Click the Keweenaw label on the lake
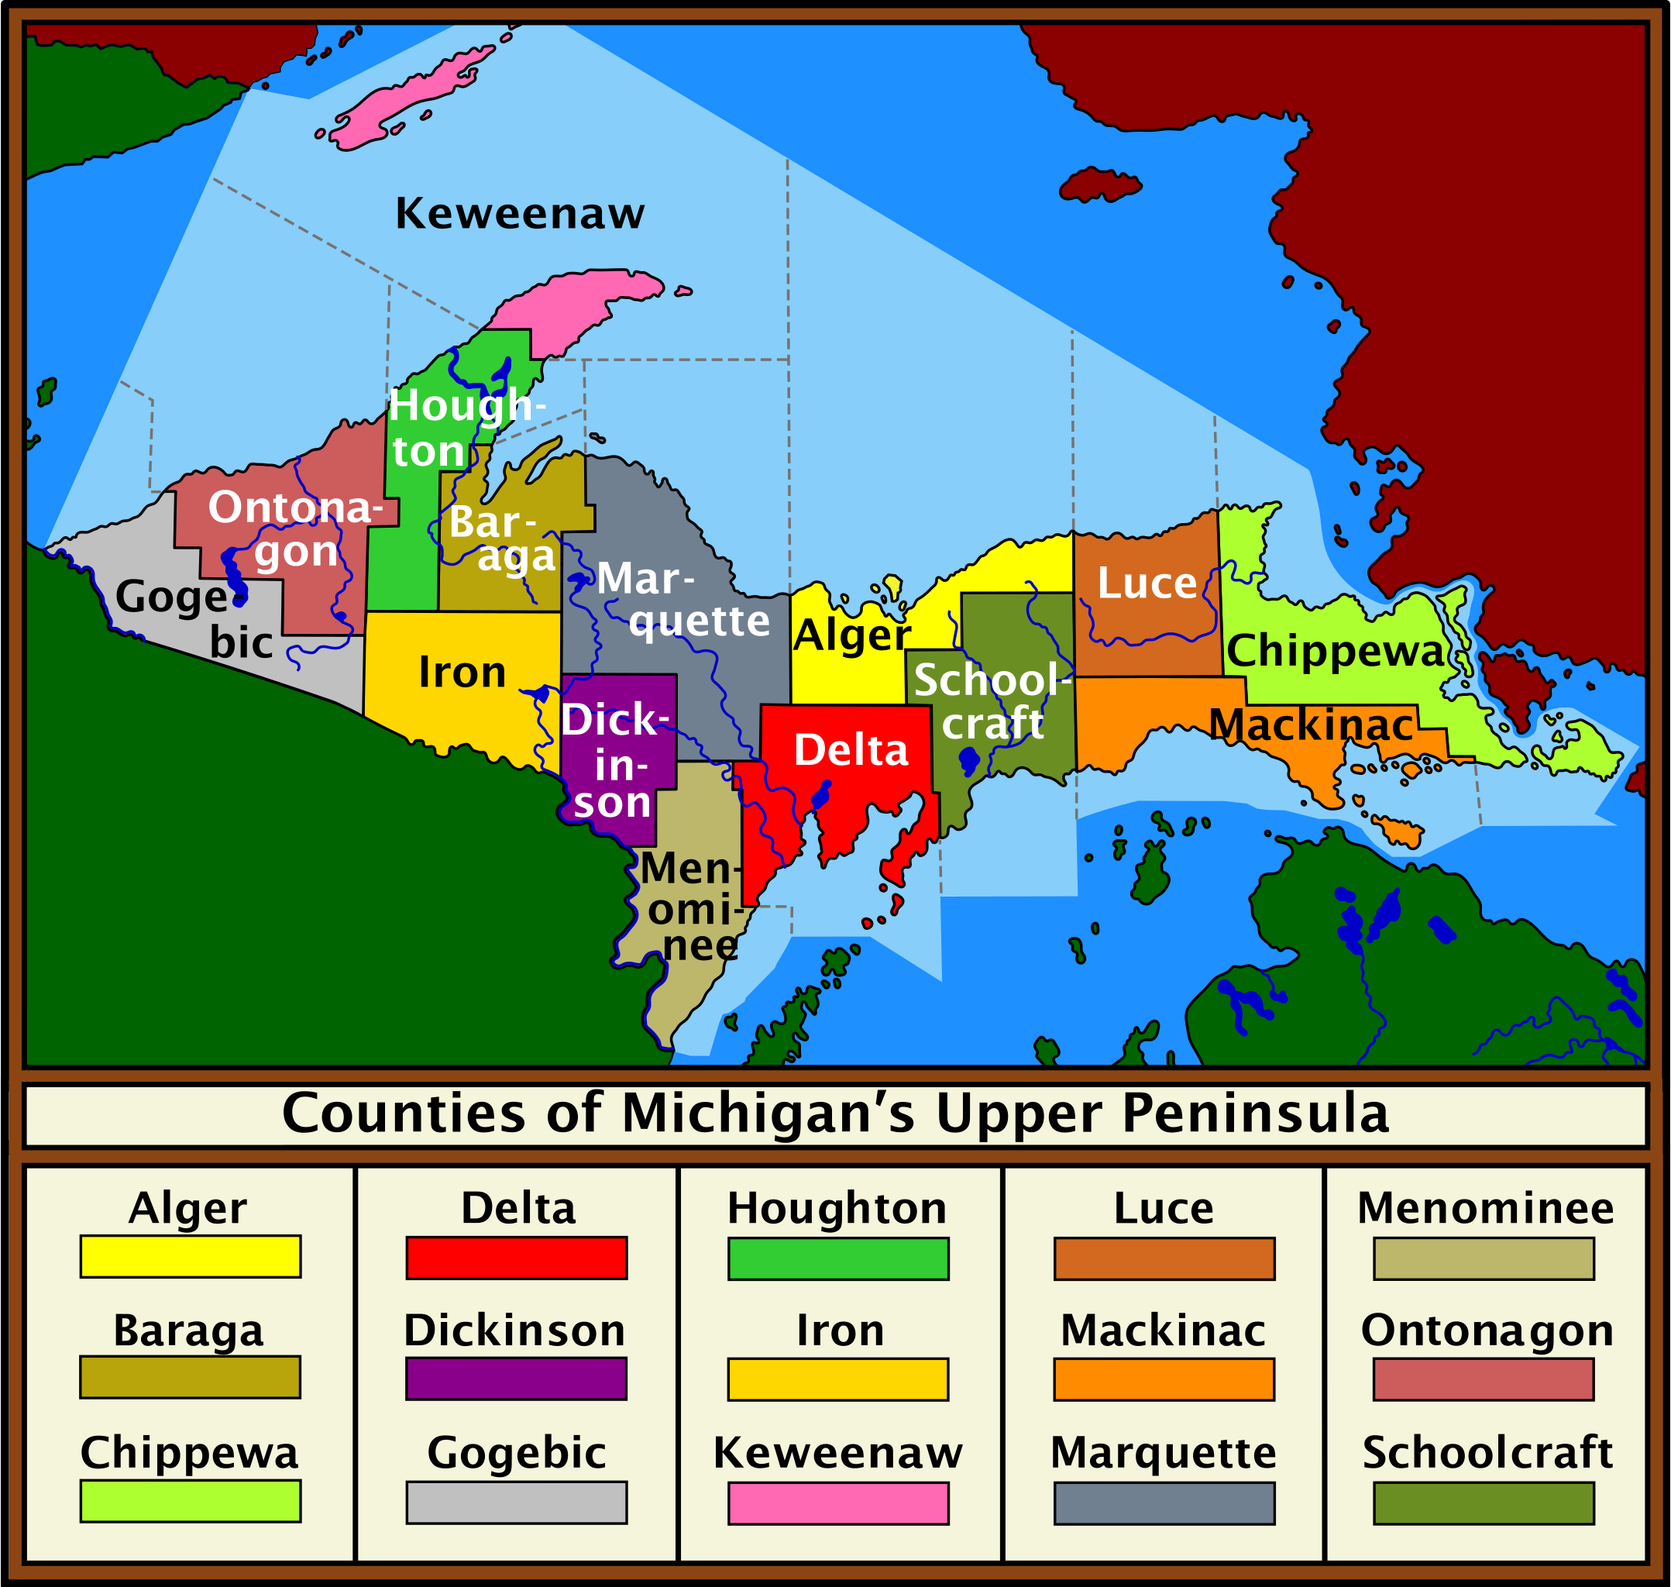click(x=519, y=213)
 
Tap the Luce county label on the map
click(x=1147, y=584)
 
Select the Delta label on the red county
click(x=851, y=749)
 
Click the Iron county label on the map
click(x=462, y=673)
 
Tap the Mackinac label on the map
click(x=1312, y=725)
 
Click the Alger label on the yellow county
click(x=851, y=635)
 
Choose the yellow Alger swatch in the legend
click(x=191, y=1257)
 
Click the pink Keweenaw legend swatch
click(x=838, y=1504)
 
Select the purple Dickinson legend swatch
click(x=516, y=1380)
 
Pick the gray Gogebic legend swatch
click(x=516, y=1503)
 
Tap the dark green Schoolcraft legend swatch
click(x=1484, y=1504)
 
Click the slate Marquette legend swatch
click(x=1164, y=1504)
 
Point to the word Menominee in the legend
click(x=1485, y=1209)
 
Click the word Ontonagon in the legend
click(x=1487, y=1331)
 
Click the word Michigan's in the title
click(x=768, y=1114)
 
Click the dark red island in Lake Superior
click(x=1099, y=184)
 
